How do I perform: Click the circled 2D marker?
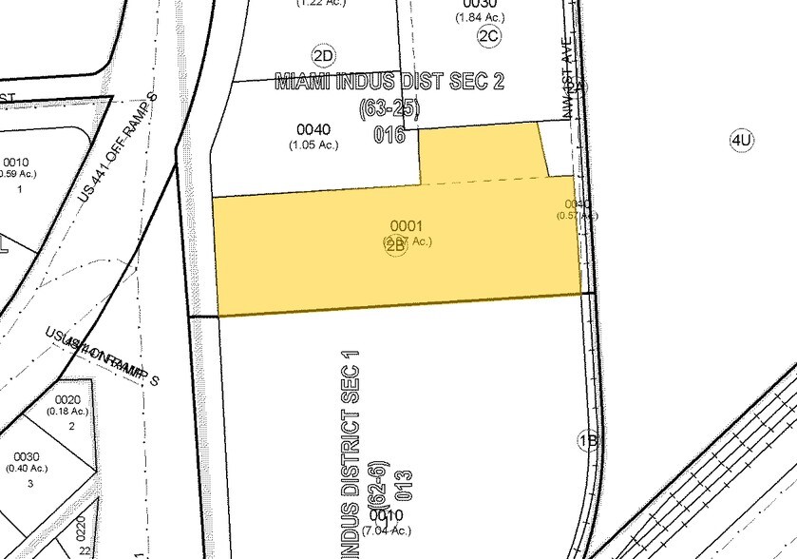(x=320, y=53)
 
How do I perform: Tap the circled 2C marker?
(x=489, y=36)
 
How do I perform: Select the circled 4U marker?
(x=742, y=142)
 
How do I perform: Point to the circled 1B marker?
(x=588, y=441)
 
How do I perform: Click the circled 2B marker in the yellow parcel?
(x=396, y=246)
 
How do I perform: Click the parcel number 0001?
(x=406, y=226)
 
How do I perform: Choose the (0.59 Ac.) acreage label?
(x=17, y=174)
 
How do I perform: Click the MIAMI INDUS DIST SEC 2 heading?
(x=389, y=82)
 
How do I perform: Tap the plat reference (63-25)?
(x=389, y=109)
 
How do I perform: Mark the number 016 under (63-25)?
(x=389, y=135)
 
